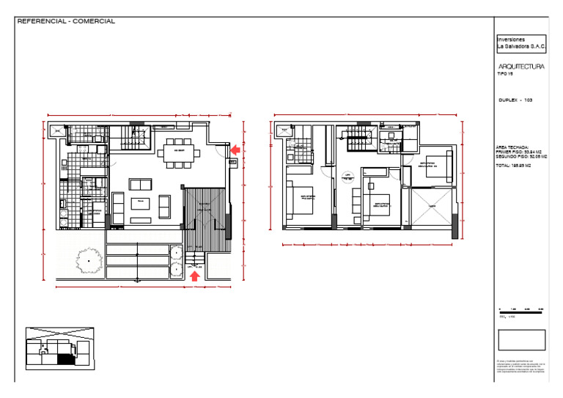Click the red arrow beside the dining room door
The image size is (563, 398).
235,150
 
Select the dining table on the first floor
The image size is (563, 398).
178,152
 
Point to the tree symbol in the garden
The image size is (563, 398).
89,260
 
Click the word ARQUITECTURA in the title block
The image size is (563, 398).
520,67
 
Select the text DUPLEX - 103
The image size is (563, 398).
515,99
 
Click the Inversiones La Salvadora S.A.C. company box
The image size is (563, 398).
521,43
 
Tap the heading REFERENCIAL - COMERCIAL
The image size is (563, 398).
66,21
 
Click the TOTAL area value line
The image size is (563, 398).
513,166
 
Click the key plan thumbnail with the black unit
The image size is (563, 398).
59,348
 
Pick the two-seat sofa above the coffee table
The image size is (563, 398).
141,183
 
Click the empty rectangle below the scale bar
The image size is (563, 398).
521,339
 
